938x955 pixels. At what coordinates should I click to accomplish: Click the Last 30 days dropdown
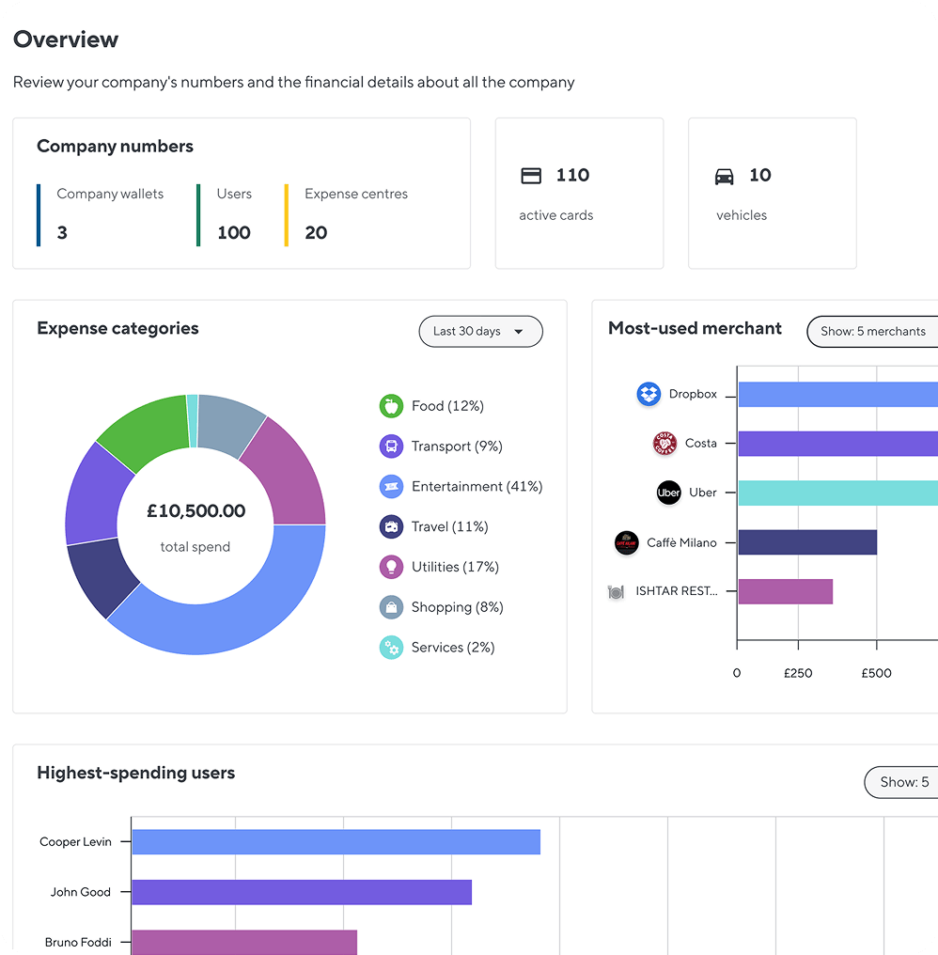click(x=480, y=332)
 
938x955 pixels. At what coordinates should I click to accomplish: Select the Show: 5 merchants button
click(x=872, y=332)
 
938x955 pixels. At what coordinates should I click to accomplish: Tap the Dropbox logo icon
click(x=649, y=395)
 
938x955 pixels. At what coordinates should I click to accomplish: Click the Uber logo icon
click(x=668, y=493)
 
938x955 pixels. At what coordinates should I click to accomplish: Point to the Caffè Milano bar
click(x=806, y=542)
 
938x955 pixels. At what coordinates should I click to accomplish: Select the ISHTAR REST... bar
click(x=785, y=591)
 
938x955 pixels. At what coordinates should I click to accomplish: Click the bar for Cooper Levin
click(x=336, y=842)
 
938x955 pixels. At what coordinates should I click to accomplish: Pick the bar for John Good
click(x=301, y=892)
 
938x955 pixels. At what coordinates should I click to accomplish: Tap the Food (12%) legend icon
click(x=391, y=406)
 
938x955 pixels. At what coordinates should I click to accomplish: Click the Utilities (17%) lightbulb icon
click(x=391, y=567)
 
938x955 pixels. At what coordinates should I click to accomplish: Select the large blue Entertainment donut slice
click(x=226, y=611)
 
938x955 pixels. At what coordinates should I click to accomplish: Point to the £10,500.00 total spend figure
click(x=195, y=511)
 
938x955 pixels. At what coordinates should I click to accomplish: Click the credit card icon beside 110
click(x=531, y=176)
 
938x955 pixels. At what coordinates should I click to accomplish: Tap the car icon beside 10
click(x=724, y=176)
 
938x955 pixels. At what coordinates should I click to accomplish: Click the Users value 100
click(x=234, y=233)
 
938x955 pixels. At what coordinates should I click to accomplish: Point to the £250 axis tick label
click(x=798, y=673)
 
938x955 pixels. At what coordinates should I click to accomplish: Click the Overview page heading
click(x=66, y=39)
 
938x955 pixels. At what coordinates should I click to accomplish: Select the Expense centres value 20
click(x=316, y=233)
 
